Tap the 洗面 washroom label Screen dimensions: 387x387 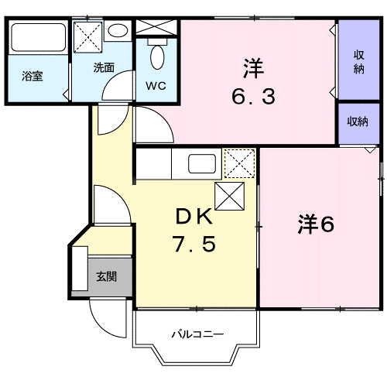(x=104, y=67)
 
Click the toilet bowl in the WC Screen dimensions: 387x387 (x=157, y=56)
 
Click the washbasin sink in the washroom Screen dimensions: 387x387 (x=118, y=32)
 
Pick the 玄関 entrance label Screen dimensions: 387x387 (x=107, y=276)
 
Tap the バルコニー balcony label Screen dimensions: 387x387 (x=197, y=334)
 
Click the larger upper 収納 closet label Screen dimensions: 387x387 (x=360, y=60)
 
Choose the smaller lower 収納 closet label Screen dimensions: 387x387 (x=358, y=121)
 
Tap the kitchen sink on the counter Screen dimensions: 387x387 (x=204, y=164)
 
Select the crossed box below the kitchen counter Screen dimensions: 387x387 (x=230, y=196)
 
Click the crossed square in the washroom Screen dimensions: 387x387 (x=87, y=36)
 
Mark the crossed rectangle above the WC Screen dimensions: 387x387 (x=157, y=26)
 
